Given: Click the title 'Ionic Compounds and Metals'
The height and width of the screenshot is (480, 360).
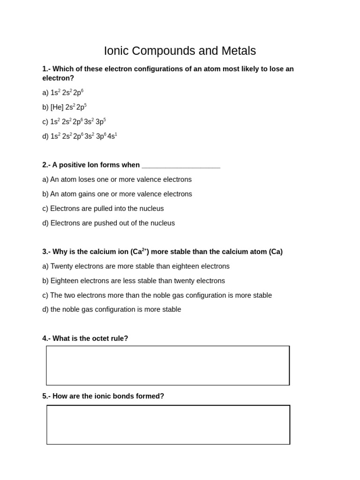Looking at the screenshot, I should click(x=180, y=51).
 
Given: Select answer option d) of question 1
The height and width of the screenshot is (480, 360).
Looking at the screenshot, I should click(x=80, y=136).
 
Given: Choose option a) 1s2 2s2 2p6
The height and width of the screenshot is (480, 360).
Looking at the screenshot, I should click(x=63, y=92).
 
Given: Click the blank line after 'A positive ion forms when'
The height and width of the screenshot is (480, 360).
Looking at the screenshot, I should click(x=180, y=165).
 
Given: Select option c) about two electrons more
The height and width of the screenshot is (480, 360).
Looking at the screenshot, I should click(x=157, y=295).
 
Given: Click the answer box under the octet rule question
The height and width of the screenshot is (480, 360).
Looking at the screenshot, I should click(x=168, y=366).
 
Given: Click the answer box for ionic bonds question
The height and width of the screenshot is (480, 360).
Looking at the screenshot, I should click(x=168, y=425).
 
